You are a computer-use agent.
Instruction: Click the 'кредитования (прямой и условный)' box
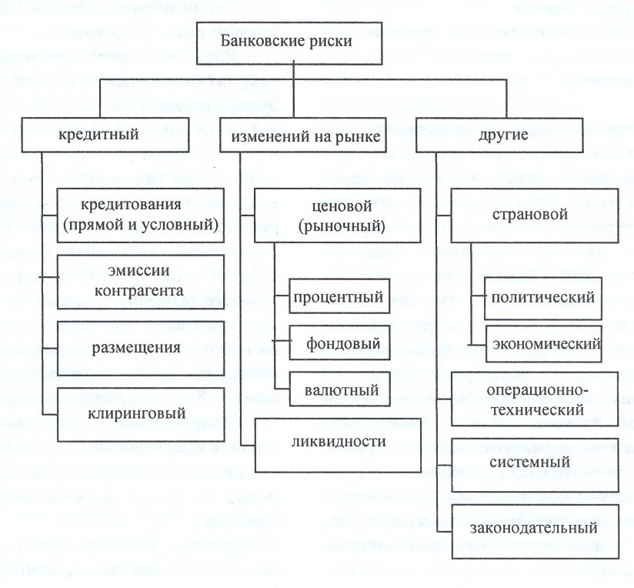coord(141,215)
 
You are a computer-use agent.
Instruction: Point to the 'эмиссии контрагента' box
coord(141,281)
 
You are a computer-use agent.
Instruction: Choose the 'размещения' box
coord(141,347)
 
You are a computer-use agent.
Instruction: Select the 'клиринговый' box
coord(141,413)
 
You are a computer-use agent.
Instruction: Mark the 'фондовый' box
coord(339,344)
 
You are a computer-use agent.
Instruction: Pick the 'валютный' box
coord(339,389)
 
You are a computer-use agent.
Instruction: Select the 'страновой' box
coord(535,215)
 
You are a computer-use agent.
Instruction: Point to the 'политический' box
coord(543,297)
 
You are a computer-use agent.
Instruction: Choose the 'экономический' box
coord(543,343)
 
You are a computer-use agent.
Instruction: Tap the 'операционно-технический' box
coord(535,398)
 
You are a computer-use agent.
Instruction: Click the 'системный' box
coord(535,464)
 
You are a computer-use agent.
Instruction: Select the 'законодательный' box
coord(535,530)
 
